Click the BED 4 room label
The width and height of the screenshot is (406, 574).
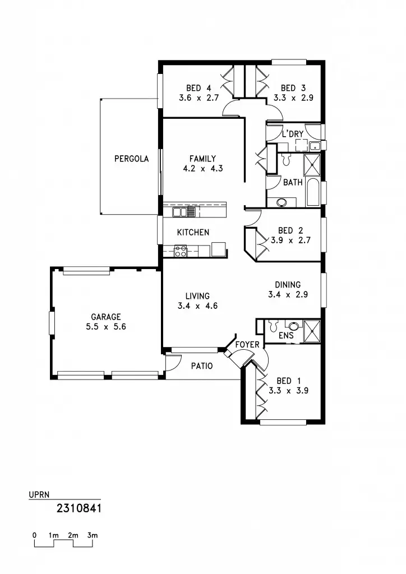click(194, 88)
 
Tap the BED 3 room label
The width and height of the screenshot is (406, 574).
click(293, 88)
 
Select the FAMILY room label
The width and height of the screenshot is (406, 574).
click(202, 159)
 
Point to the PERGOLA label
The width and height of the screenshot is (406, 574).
click(131, 159)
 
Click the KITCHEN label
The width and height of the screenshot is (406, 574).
click(193, 232)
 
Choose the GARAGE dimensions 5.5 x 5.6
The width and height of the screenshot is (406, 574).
click(105, 326)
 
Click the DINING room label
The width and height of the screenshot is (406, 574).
click(288, 285)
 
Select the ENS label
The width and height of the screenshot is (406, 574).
click(285, 336)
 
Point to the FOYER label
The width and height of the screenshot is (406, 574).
click(247, 344)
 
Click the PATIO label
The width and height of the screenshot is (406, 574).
click(202, 366)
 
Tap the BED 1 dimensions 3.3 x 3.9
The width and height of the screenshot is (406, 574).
click(288, 391)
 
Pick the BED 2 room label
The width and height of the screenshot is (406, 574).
click(290, 230)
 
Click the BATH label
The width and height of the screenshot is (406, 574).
click(293, 182)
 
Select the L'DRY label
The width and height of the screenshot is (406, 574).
click(292, 134)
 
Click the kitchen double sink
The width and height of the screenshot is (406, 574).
click(184, 212)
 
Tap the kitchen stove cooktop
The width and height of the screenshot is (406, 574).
click(181, 252)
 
